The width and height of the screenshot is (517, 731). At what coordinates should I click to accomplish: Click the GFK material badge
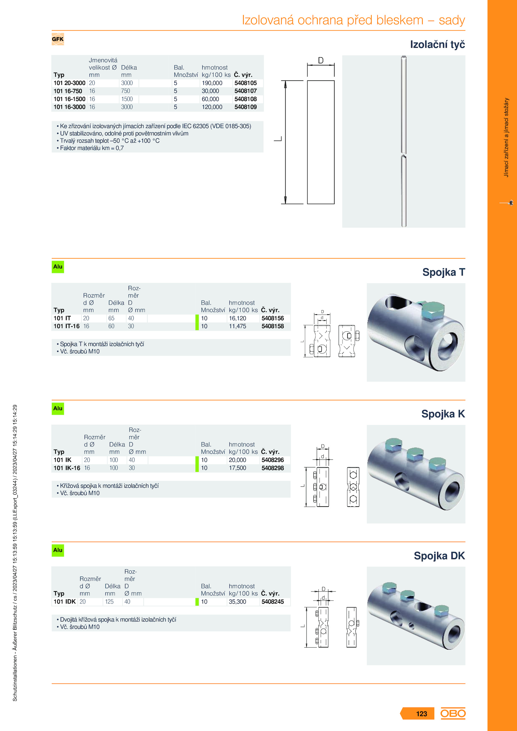click(x=58, y=39)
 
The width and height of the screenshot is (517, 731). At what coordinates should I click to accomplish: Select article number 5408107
click(x=245, y=91)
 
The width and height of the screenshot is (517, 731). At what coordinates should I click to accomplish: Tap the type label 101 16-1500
click(x=69, y=99)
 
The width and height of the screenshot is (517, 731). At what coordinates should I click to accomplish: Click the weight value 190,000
click(x=212, y=83)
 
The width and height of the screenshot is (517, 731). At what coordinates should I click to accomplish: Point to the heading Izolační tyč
click(x=437, y=44)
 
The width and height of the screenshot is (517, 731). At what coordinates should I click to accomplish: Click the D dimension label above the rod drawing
click(x=321, y=60)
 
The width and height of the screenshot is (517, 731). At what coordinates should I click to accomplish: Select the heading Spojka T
click(x=443, y=272)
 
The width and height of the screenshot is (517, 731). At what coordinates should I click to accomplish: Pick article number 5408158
click(x=272, y=326)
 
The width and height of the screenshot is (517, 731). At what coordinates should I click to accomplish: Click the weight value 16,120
click(x=237, y=318)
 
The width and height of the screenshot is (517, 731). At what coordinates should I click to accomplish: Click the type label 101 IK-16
click(x=67, y=468)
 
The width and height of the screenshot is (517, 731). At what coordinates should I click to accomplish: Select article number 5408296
click(x=272, y=460)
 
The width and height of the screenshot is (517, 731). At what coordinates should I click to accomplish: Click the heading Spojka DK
click(x=439, y=556)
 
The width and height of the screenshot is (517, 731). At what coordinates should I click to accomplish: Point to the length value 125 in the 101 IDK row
click(x=109, y=602)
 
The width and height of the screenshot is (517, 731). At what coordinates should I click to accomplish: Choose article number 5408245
click(x=272, y=602)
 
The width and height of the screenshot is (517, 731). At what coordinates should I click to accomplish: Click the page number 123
click(x=421, y=714)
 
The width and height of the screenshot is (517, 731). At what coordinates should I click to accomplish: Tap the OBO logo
click(x=453, y=713)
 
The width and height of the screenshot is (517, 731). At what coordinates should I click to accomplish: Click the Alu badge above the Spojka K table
click(x=58, y=408)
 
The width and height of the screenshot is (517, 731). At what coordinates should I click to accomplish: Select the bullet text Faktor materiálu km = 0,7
click(x=91, y=148)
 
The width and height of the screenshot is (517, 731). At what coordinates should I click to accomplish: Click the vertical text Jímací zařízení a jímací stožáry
click(x=506, y=137)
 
